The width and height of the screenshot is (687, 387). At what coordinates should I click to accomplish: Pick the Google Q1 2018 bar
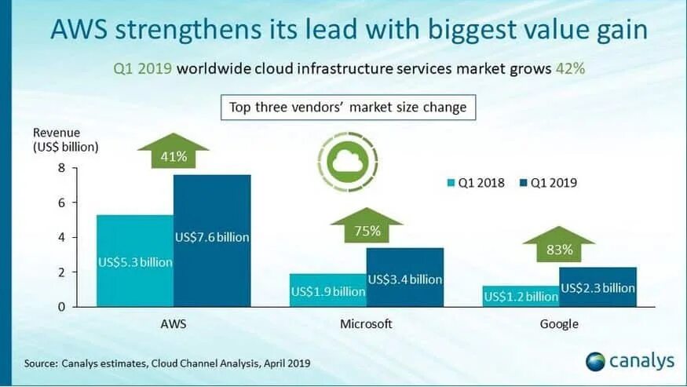point(521,296)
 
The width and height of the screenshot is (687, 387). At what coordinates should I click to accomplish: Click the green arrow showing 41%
point(174,153)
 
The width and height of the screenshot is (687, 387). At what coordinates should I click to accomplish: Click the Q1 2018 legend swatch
point(451,183)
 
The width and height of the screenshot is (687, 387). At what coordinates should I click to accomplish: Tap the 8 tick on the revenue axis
point(62,168)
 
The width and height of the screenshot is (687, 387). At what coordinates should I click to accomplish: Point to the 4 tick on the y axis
point(62,237)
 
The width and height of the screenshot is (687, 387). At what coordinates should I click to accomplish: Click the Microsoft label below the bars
point(366,324)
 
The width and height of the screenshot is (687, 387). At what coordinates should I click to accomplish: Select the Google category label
point(559,324)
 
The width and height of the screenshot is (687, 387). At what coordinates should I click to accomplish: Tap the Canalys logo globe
point(597,361)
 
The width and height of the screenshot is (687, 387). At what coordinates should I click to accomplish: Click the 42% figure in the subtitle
point(570,68)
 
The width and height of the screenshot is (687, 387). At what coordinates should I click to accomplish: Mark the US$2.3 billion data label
point(597,288)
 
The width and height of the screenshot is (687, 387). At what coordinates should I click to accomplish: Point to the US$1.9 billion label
point(328,292)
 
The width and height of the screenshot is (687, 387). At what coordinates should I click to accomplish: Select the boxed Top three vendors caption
point(348,107)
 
